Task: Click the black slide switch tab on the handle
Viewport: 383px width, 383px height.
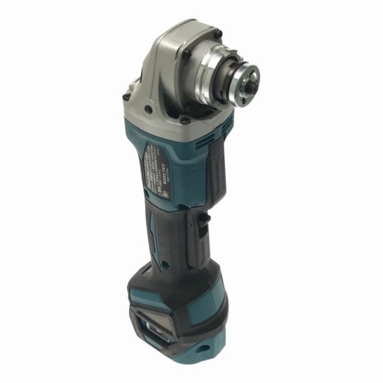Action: pyautogui.click(x=202, y=222)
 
